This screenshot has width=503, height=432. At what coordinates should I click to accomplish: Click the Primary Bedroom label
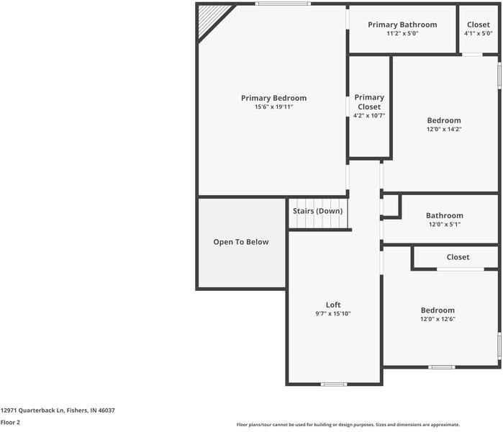pyautogui.click(x=273, y=98)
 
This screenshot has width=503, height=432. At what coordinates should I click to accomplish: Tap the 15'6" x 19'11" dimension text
pyautogui.click(x=273, y=107)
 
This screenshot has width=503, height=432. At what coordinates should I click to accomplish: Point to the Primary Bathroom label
pyautogui.click(x=402, y=24)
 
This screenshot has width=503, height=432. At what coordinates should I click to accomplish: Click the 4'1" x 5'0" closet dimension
pyautogui.click(x=479, y=33)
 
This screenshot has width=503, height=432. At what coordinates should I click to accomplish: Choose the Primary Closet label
pyautogui.click(x=369, y=102)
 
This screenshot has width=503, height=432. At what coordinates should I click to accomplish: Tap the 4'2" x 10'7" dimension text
pyautogui.click(x=369, y=115)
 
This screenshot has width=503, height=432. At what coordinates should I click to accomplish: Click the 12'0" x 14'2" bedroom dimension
pyautogui.click(x=444, y=130)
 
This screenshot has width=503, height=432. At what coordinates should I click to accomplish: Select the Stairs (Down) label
pyautogui.click(x=317, y=211)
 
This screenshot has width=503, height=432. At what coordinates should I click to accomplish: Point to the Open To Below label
pyautogui.click(x=241, y=242)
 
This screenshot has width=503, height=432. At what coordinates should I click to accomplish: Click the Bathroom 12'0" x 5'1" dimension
pyautogui.click(x=445, y=225)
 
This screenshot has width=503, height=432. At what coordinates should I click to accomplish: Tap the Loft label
pyautogui.click(x=333, y=305)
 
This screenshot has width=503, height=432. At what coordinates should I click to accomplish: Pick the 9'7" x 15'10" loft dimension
pyautogui.click(x=333, y=314)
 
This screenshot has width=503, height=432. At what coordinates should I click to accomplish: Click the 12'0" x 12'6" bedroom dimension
pyautogui.click(x=438, y=319)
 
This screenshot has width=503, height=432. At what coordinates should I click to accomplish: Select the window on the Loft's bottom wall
pyautogui.click(x=334, y=384)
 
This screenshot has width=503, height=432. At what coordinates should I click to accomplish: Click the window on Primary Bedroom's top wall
pyautogui.click(x=283, y=4)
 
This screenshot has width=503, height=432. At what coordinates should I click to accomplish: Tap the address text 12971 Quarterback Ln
pyautogui.click(x=32, y=410)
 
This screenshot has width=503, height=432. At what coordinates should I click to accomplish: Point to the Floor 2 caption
pyautogui.click(x=10, y=423)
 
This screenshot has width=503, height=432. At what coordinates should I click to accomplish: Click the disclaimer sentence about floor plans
pyautogui.click(x=348, y=425)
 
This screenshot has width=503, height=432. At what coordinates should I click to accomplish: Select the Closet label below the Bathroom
pyautogui.click(x=458, y=257)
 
